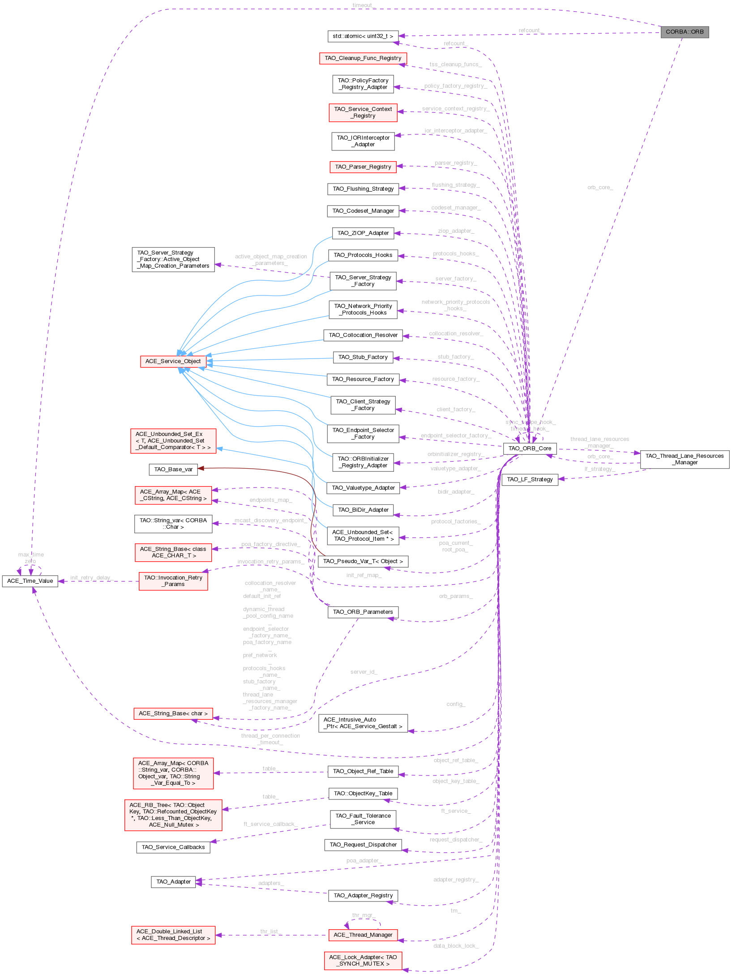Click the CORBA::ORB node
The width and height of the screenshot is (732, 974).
click(x=685, y=32)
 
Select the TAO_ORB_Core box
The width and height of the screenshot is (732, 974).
click(x=530, y=449)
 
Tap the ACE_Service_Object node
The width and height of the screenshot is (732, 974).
click(x=173, y=361)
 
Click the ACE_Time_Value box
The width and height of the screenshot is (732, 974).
click(x=30, y=581)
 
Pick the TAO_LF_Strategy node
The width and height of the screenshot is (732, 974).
click(x=530, y=479)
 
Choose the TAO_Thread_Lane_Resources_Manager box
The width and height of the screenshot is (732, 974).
click(x=685, y=459)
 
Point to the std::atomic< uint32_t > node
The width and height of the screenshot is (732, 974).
click(x=363, y=36)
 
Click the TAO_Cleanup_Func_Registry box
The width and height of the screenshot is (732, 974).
click(x=363, y=58)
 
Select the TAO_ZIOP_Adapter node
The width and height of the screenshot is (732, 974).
click(x=363, y=233)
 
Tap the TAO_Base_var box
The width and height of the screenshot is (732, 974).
click(x=173, y=470)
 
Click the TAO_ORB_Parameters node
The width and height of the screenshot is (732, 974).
click(x=363, y=612)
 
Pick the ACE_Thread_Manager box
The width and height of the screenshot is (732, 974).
click(x=363, y=935)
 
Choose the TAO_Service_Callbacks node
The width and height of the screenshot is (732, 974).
click(x=173, y=847)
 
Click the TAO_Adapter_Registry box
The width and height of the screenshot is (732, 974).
click(x=363, y=896)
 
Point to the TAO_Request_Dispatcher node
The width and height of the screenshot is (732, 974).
click(x=363, y=845)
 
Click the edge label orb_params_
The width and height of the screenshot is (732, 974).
click(x=456, y=596)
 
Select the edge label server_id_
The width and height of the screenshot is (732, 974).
click(x=364, y=672)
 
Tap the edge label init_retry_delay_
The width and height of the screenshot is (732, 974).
click(x=91, y=578)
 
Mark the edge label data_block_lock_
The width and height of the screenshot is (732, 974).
click(x=456, y=946)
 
